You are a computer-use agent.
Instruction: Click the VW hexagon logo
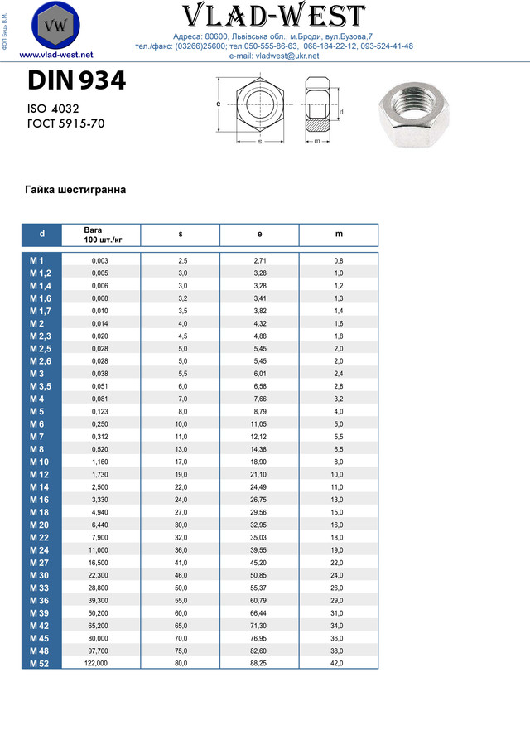pos(55,26)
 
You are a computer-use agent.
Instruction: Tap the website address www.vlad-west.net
pos(55,55)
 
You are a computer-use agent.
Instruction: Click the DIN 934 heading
pos(76,81)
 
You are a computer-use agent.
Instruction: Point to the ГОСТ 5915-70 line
pos(66,124)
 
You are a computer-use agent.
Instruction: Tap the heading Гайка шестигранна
pos(76,190)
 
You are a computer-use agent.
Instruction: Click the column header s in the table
pos(181,235)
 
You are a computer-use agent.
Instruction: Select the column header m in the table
pos(339,235)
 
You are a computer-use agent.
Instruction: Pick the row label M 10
pos(41,462)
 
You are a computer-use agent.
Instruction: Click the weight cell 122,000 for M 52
pos(96,663)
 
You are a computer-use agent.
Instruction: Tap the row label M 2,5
pos(41,348)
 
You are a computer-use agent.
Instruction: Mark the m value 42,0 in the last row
pos(338,663)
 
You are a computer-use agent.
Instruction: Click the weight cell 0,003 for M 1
pos(100,261)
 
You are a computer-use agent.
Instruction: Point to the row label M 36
pos(41,600)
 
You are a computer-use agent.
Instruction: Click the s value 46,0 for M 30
pos(181,574)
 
